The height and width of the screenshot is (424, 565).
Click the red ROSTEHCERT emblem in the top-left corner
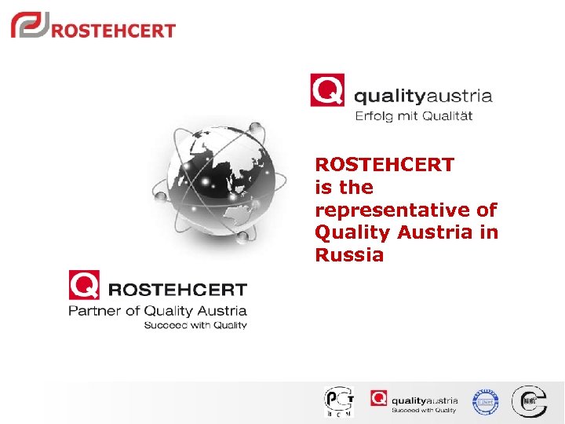coord(29,25)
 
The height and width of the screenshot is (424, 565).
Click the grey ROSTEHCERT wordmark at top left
coord(113,31)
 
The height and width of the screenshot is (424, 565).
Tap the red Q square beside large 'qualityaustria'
coord(326,90)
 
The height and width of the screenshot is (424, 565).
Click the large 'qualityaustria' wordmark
coord(423,97)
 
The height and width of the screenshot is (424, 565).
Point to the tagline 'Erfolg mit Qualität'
coord(414,116)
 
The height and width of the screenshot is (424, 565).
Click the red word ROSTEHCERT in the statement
coord(384,165)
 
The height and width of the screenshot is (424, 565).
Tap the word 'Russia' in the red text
coord(349,255)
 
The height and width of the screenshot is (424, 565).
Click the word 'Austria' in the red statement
coord(443,232)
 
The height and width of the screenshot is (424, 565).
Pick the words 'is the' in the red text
coord(344,188)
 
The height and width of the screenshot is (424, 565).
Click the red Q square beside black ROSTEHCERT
coord(83,284)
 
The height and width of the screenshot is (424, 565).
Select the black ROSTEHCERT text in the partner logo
coord(177,290)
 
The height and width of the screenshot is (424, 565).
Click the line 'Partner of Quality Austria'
coord(158,311)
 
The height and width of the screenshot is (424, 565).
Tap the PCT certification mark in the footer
coord(339,401)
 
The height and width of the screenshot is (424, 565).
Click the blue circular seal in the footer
coord(485,402)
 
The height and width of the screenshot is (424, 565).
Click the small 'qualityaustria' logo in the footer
coord(414,400)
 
